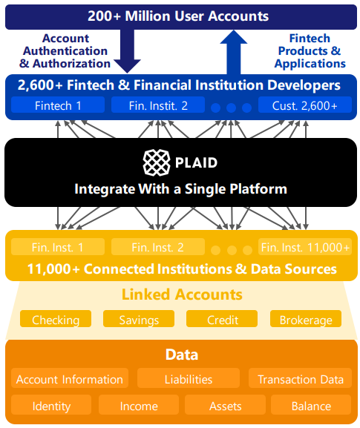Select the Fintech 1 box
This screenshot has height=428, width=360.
click(59, 105)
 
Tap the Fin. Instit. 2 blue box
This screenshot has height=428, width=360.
click(158, 105)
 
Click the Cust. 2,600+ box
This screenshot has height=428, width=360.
click(304, 105)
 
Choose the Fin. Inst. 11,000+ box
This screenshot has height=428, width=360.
click(304, 247)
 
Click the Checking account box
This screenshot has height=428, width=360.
click(56, 320)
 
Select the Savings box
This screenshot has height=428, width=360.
click(138, 320)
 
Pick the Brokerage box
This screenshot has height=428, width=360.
click(304, 320)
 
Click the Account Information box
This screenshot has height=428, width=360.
click(69, 379)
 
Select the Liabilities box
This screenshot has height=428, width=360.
click(188, 379)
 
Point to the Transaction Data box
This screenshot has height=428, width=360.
click(300, 379)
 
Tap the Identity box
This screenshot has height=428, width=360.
click(51, 406)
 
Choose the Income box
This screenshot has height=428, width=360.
click(138, 406)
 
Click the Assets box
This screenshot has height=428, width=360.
click(224, 406)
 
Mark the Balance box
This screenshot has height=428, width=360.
click(310, 406)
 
